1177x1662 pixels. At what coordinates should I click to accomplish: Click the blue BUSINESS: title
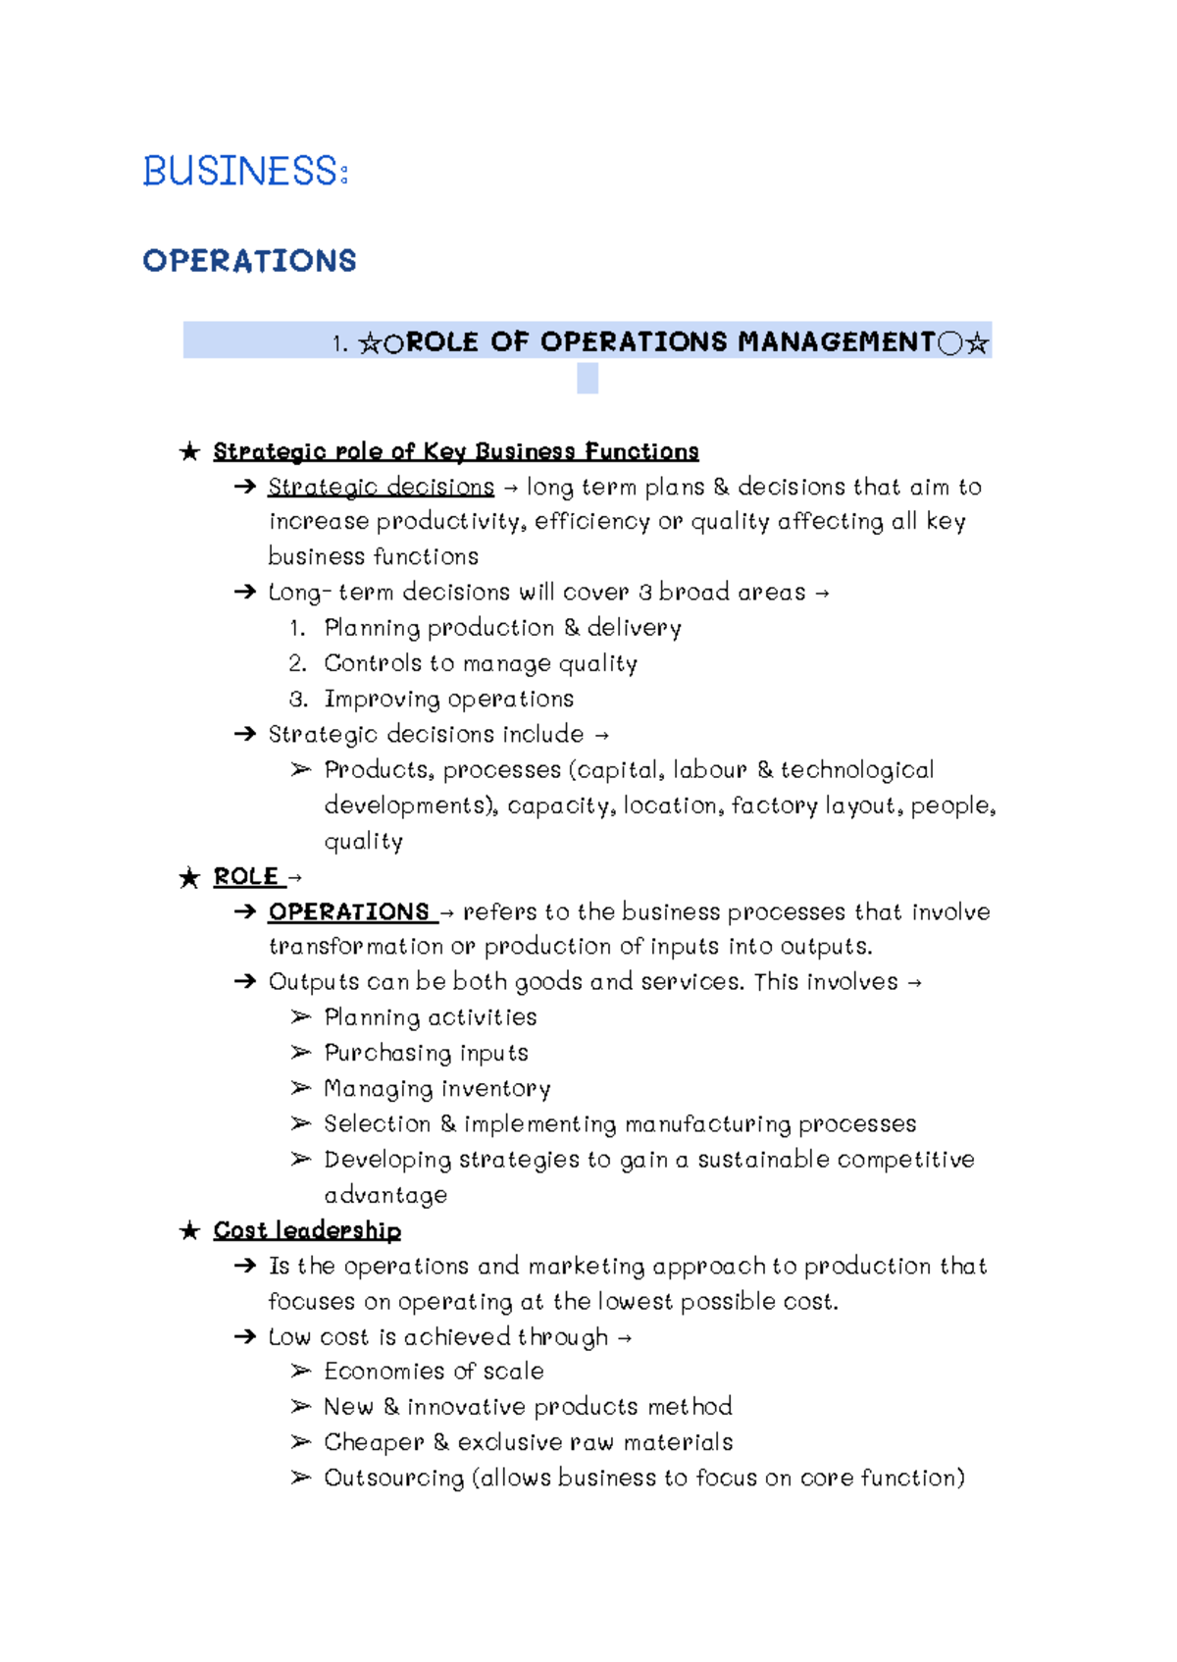245,172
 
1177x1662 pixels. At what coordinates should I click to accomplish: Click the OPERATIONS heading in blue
249,261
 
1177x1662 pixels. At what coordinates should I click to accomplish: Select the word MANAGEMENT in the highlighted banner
837,341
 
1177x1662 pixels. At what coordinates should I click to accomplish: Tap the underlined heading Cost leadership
307,1230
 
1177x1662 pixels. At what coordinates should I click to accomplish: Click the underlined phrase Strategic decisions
381,487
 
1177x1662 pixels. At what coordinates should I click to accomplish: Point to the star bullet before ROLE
189,877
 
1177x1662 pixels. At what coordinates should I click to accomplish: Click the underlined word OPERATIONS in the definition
349,911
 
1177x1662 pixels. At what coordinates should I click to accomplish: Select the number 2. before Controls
298,663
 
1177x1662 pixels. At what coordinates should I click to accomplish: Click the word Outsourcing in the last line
393,1478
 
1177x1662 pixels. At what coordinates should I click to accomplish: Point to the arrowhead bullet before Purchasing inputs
300,1053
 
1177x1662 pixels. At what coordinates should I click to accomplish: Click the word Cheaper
374,1442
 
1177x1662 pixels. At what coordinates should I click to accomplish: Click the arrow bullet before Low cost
244,1336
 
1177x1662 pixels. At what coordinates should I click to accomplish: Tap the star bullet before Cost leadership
189,1230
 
